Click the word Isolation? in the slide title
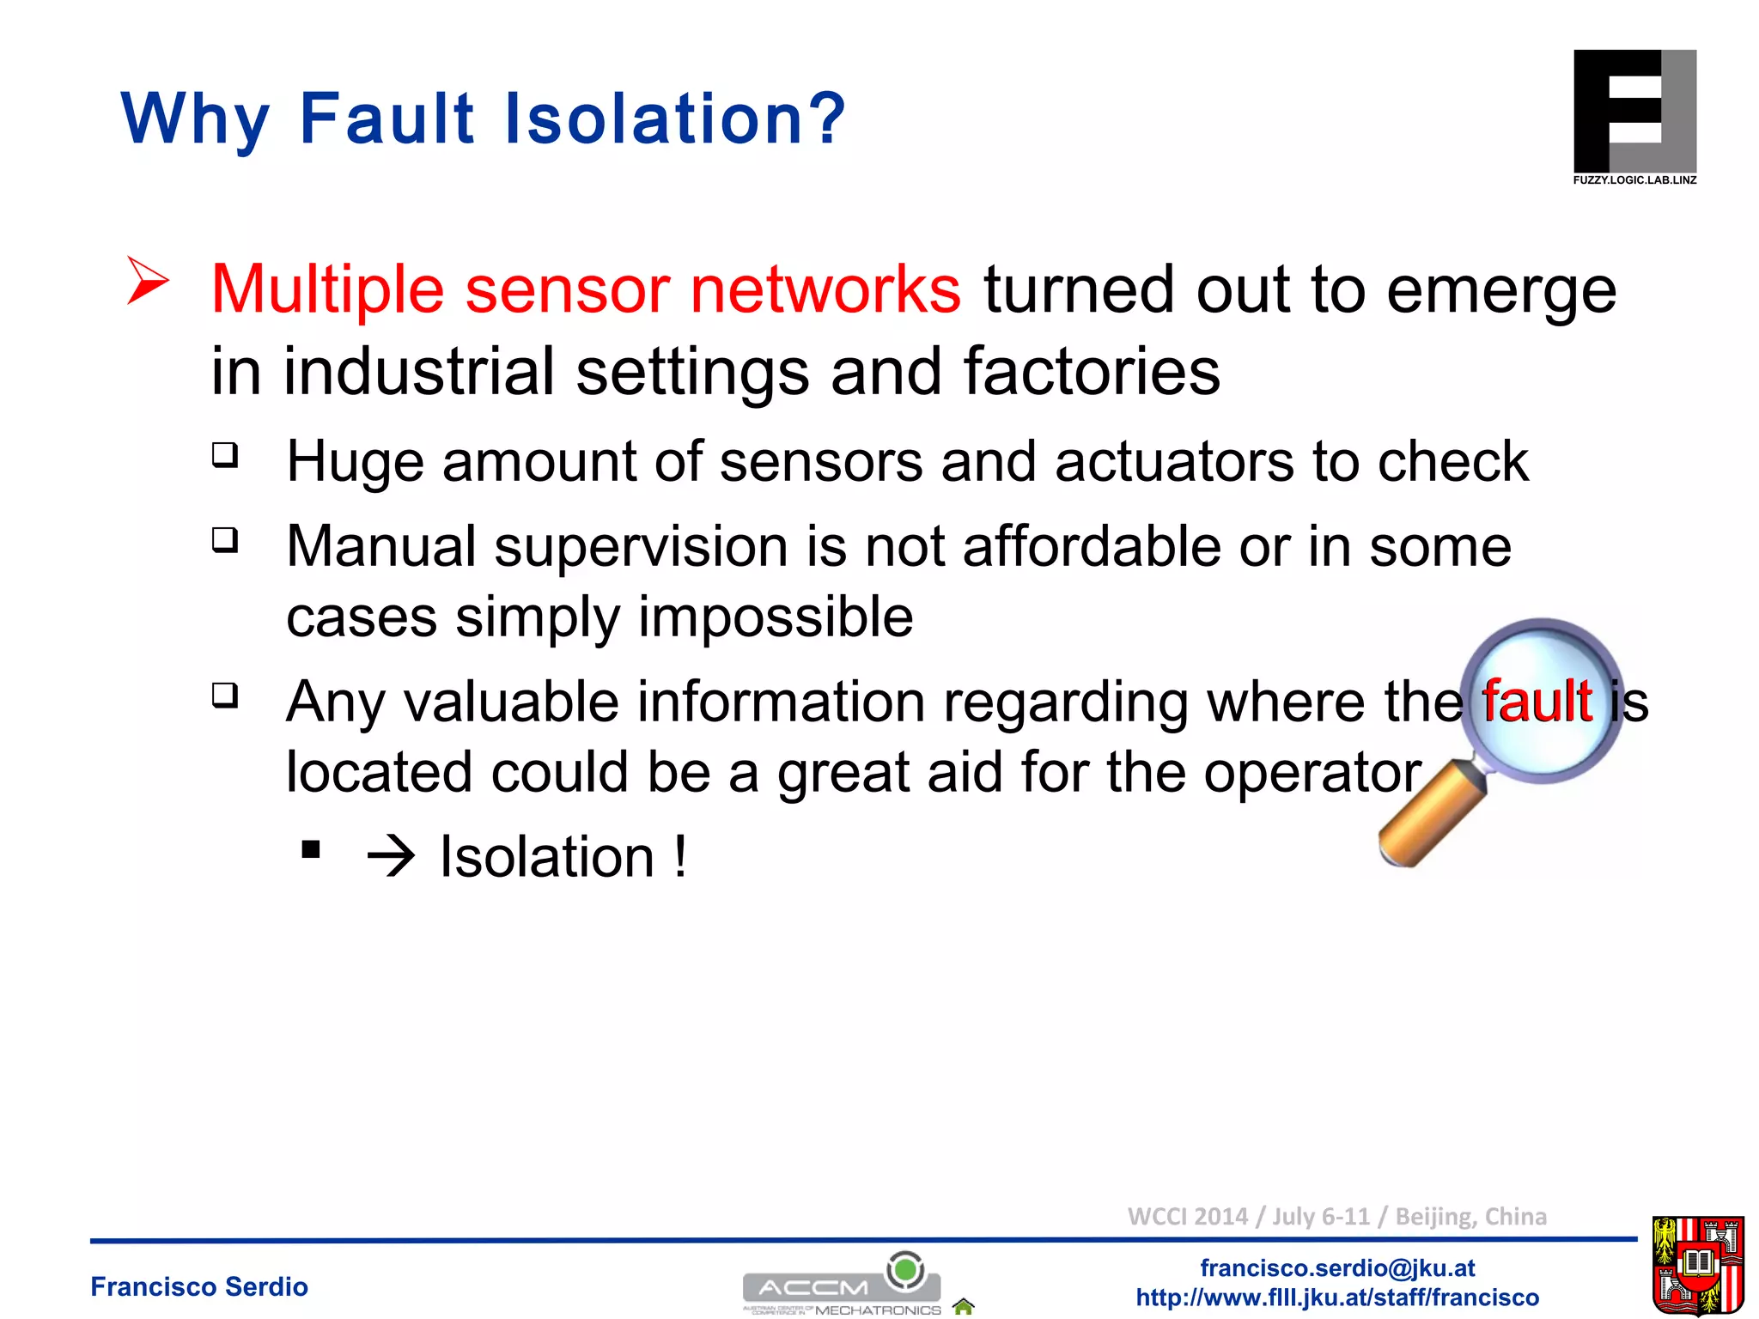coord(675,119)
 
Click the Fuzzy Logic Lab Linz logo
coord(1634,117)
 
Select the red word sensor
coord(567,289)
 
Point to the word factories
coord(1091,371)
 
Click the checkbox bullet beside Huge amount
coord(225,454)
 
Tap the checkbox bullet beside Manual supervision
coord(225,540)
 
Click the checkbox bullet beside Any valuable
coord(225,694)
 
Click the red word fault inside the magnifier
coord(1537,701)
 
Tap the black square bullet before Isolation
coord(311,850)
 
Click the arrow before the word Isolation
coord(391,857)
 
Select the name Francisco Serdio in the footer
coord(199,1286)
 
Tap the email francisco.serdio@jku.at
coord(1337,1267)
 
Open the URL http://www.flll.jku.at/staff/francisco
coord(1337,1297)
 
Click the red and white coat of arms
coord(1697,1265)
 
